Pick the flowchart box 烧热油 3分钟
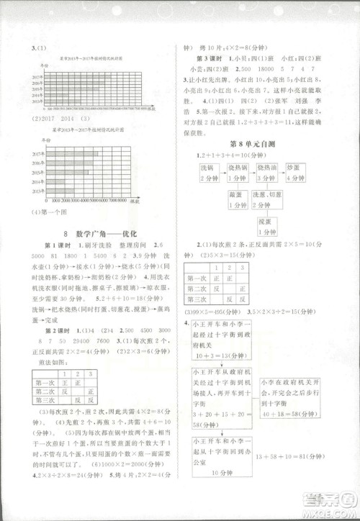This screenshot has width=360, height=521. click(x=269, y=173)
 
